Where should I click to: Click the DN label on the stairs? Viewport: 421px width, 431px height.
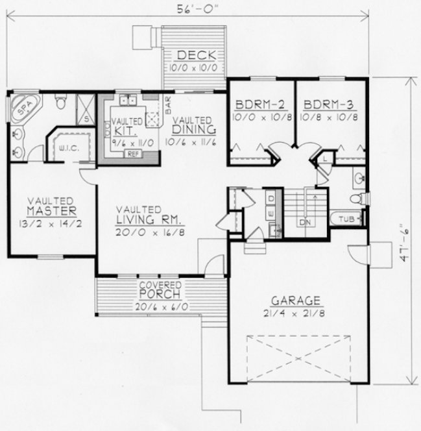coord(305,222)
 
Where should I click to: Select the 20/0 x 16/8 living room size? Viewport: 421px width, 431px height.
coord(147,232)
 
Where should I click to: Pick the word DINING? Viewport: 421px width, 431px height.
coord(192,130)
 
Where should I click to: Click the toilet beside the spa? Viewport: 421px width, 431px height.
coord(60,103)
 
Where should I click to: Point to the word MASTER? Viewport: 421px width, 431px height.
coord(53,212)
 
